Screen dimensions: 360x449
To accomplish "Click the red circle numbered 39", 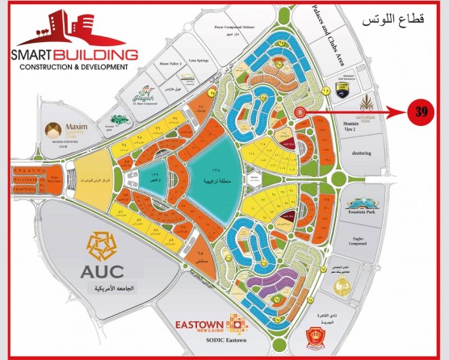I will click(420, 111).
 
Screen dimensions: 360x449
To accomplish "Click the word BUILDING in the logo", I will click(103, 55).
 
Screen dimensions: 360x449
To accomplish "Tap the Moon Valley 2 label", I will click(170, 63).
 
